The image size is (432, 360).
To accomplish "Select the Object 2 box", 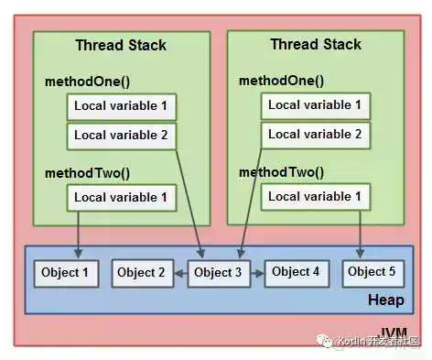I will [141, 273].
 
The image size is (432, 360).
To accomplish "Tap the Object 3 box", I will [219, 273].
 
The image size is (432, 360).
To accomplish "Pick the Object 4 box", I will [296, 272].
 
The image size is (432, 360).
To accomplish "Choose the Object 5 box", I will [372, 272].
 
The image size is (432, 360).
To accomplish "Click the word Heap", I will [385, 300].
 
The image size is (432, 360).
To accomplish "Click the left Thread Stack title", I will [120, 45].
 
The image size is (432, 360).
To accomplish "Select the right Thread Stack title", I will [316, 44].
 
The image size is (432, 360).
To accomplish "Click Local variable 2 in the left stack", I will [121, 136].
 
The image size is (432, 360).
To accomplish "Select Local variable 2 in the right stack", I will [314, 135].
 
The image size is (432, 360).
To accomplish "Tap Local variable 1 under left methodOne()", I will [121, 108].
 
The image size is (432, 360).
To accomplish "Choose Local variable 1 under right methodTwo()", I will [314, 196].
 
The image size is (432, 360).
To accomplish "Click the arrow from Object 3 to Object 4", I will [256, 273].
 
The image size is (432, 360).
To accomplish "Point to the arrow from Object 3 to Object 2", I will [180, 273].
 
